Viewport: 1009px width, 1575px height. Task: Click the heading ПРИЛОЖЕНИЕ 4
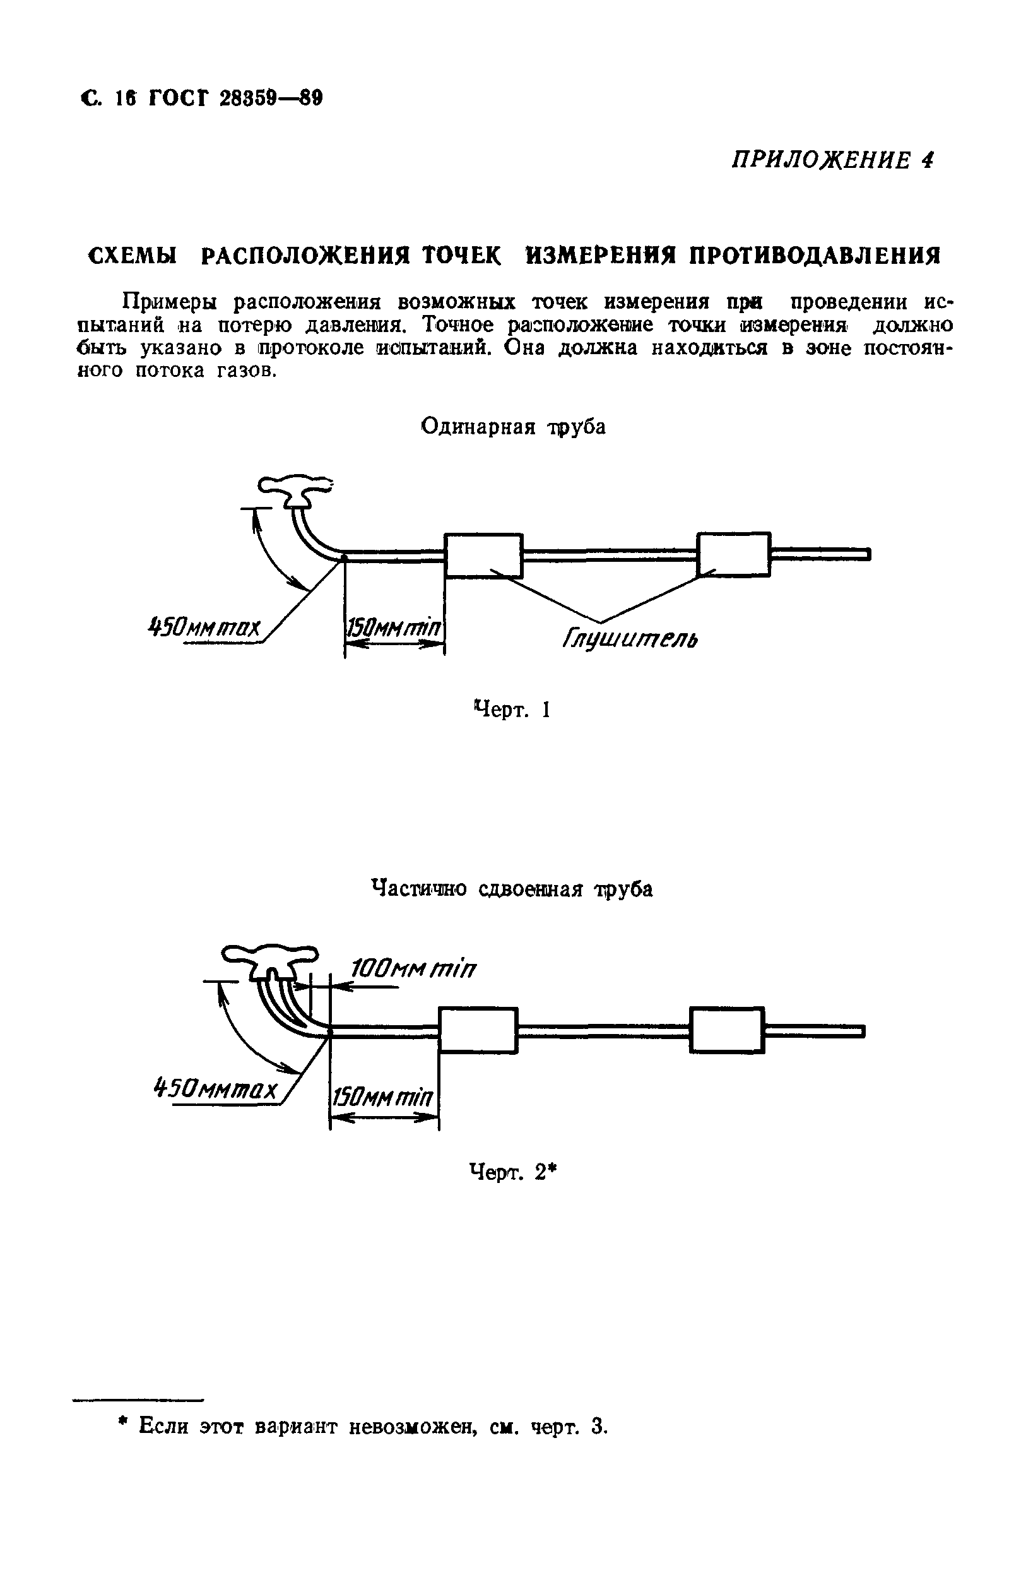click(x=832, y=160)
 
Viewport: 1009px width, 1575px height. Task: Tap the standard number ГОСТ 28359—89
click(x=235, y=98)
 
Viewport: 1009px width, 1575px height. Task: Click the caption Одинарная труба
click(x=513, y=427)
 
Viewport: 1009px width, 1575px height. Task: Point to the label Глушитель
click(x=630, y=638)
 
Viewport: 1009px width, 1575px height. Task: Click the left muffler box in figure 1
click(x=483, y=555)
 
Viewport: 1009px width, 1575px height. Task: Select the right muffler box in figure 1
click(x=733, y=554)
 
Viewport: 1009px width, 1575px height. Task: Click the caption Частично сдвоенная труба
click(x=512, y=889)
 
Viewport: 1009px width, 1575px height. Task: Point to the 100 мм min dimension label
click(x=413, y=968)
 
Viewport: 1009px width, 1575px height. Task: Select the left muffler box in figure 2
click(x=478, y=1030)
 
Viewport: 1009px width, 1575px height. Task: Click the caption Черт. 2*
click(x=513, y=1171)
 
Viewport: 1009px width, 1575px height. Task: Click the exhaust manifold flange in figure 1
click(x=295, y=489)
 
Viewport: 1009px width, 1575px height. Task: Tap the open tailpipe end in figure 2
click(x=862, y=1031)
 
